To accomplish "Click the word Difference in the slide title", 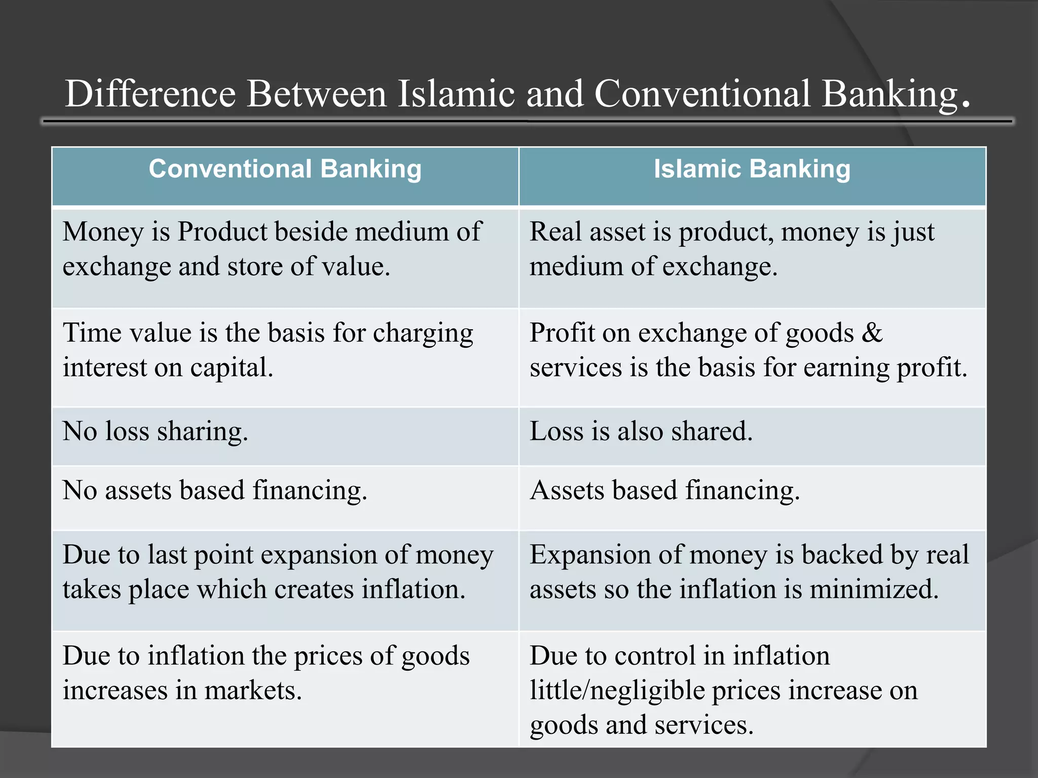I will (x=151, y=94).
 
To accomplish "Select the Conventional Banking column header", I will (x=285, y=169).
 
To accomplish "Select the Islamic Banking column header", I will (x=752, y=169).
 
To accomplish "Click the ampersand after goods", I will (x=872, y=333).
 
